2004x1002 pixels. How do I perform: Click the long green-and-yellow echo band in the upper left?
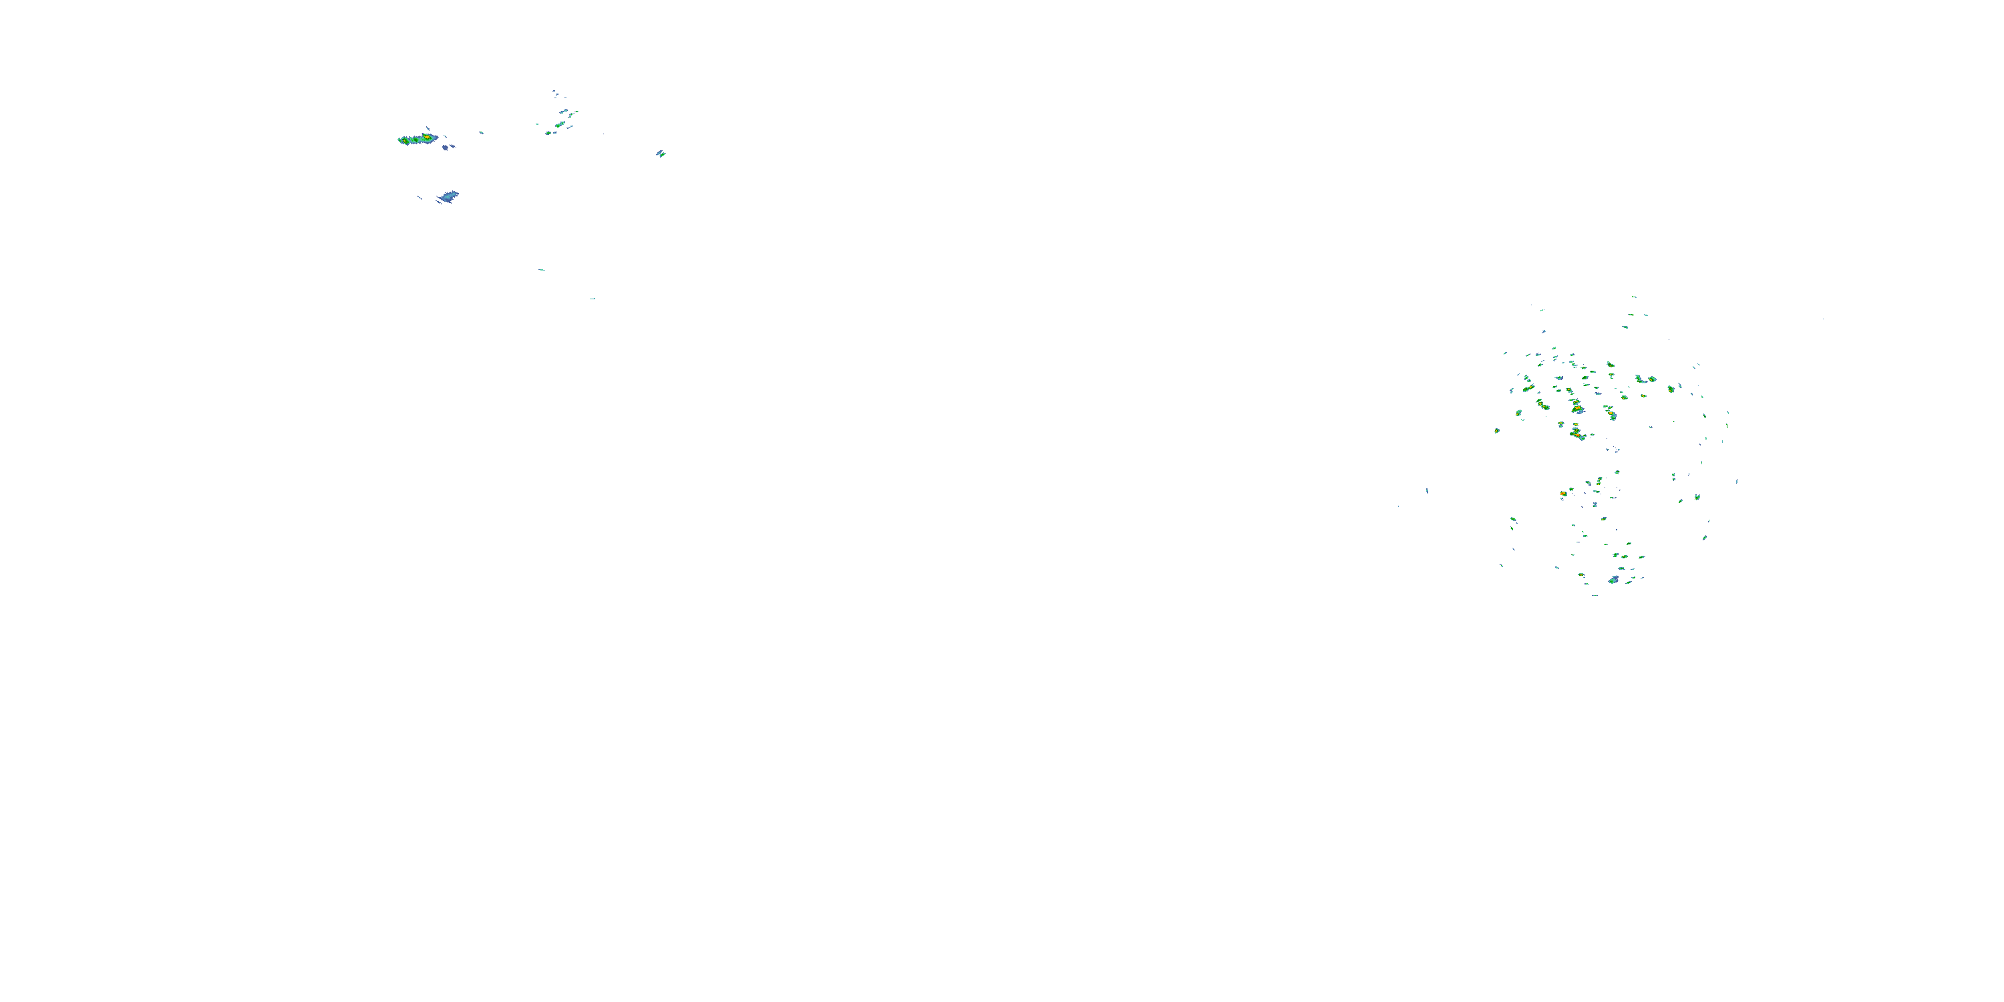coord(417,139)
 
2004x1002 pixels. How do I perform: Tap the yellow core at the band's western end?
coord(403,141)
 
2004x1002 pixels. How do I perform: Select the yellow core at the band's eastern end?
coord(426,137)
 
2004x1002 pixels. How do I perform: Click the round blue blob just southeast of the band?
coord(445,146)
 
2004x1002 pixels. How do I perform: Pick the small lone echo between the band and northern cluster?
coord(481,132)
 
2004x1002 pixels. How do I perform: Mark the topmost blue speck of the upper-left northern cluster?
coord(554,91)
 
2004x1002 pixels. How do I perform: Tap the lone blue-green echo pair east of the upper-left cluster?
coord(661,153)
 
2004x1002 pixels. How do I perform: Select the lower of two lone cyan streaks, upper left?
coord(592,298)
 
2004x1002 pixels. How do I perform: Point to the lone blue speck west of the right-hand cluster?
coord(1427,491)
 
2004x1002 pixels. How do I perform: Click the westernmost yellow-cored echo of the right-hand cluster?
coord(1497,430)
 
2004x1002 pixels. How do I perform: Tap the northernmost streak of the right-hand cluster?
coord(1634,297)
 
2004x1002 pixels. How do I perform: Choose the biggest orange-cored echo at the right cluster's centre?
coord(1577,408)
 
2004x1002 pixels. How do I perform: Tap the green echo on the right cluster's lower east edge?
coord(1705,537)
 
